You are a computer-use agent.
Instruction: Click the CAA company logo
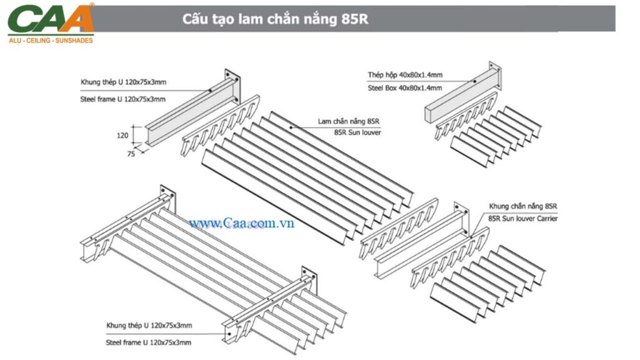[51, 20]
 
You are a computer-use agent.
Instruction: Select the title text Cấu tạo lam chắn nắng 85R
[275, 19]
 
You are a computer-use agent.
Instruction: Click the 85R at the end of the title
[355, 19]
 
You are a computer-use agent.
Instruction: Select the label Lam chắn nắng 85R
[349, 121]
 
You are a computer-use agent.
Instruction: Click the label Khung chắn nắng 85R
[522, 206]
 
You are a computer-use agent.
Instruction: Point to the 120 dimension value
[122, 135]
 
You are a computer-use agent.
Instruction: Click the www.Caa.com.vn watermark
[241, 223]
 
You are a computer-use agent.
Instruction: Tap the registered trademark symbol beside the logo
[92, 5]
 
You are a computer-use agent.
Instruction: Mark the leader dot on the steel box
[474, 81]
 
